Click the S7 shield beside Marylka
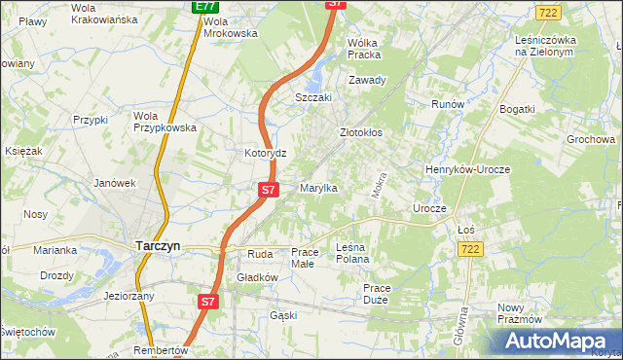point(269,189)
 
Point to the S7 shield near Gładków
point(207,303)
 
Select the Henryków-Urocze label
point(468,169)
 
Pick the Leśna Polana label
point(351,253)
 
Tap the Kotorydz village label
point(264,154)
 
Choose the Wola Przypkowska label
point(165,121)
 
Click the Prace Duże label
point(375,293)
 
